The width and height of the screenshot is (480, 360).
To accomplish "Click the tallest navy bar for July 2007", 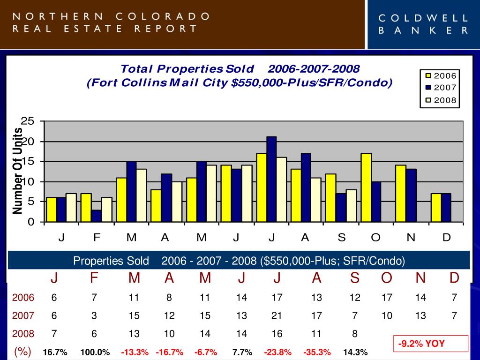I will [271, 179].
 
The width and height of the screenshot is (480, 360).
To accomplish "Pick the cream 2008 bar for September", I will [351, 205].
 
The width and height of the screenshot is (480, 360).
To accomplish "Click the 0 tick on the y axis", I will [31, 222].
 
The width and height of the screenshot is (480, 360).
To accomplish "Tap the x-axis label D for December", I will [446, 238].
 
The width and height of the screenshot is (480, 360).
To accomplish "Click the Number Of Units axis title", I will [18, 171].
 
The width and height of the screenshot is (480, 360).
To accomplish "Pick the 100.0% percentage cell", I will [95, 352].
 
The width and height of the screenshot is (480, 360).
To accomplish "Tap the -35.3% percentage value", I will [317, 352].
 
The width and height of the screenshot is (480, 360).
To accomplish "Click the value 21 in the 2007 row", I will [277, 315].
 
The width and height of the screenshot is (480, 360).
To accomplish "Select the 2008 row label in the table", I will [23, 334].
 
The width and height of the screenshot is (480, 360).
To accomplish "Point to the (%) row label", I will [22, 352].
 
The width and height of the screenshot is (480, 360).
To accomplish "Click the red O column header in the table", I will [387, 278].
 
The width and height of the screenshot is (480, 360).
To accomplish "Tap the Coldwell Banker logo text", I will [423, 24].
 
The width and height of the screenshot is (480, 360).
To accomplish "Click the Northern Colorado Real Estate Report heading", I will [112, 22].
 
